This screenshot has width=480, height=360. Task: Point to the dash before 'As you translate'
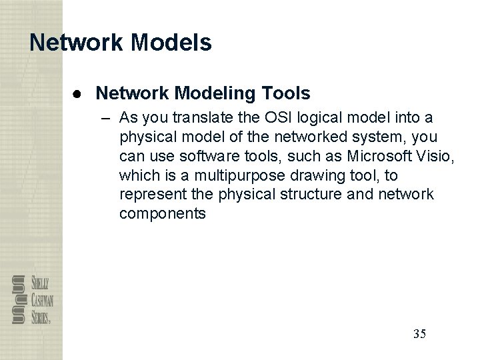(108, 119)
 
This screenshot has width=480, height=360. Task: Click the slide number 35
(419, 333)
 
